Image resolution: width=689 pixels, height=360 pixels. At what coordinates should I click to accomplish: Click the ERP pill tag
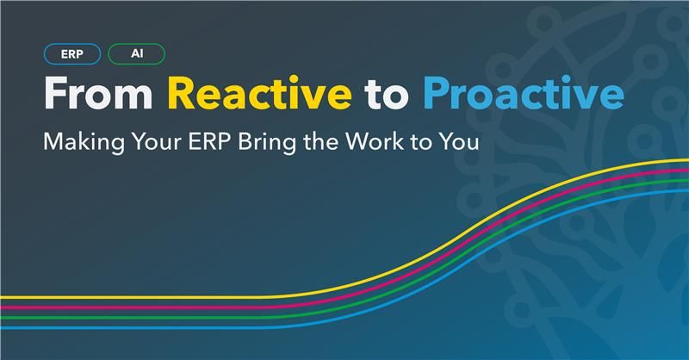71,53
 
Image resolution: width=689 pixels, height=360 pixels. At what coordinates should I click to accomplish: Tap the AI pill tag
136,53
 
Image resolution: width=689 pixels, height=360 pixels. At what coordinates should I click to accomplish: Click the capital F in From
57,94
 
